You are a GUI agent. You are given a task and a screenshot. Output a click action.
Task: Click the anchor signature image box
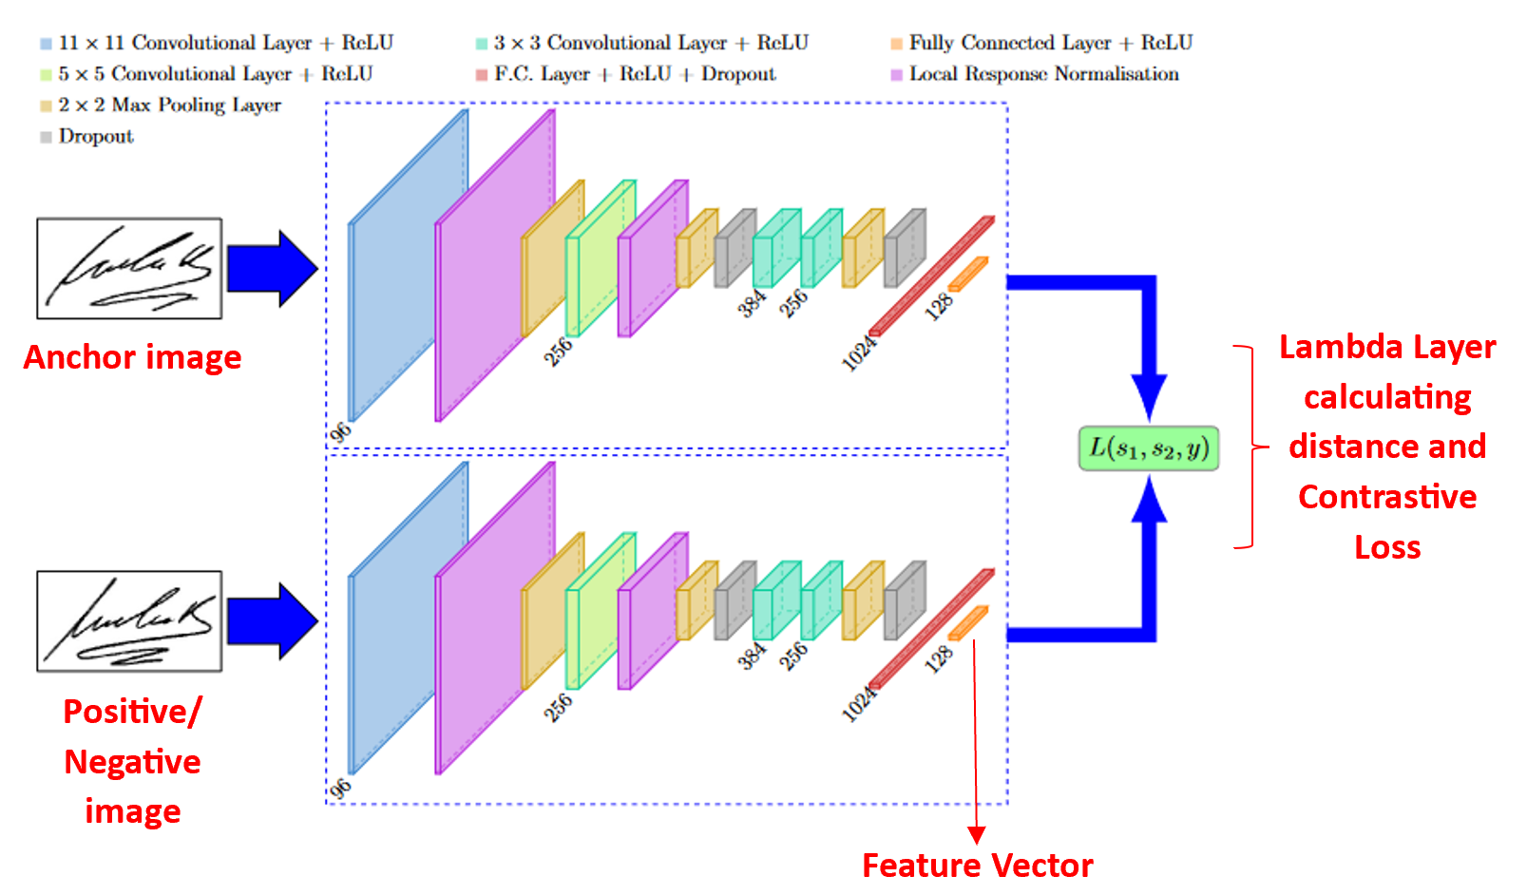click(x=129, y=269)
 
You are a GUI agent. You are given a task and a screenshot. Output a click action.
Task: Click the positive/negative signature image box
click(x=129, y=621)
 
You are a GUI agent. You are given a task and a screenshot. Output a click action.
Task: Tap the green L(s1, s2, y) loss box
click(x=1148, y=448)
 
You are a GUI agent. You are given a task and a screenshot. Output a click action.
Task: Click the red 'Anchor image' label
click(x=132, y=357)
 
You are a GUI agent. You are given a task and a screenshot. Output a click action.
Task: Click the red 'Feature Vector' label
click(x=977, y=866)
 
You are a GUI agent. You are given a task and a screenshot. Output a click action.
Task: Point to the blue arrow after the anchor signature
click(x=272, y=269)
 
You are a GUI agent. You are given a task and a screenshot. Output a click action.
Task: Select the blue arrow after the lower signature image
click(x=272, y=621)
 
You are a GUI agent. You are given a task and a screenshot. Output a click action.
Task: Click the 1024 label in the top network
click(x=858, y=352)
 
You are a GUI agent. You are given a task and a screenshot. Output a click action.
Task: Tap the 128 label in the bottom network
click(x=939, y=658)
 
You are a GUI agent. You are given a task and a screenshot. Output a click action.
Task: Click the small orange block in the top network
click(x=967, y=274)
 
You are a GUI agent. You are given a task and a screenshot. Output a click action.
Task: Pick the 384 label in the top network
click(x=752, y=303)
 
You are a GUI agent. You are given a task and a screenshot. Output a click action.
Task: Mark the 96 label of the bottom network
click(x=340, y=789)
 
